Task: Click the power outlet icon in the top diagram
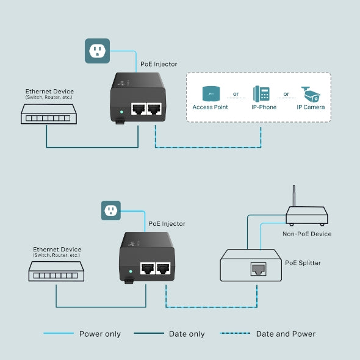[x=96, y=51]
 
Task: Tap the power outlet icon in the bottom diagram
[x=110, y=211]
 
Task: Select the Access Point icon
[x=211, y=93]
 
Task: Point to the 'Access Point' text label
[x=211, y=107]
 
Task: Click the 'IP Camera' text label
[x=311, y=107]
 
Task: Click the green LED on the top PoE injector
[x=123, y=112]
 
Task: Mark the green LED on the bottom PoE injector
[x=131, y=269]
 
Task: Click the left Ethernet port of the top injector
[x=138, y=109]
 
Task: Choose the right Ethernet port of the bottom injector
[x=163, y=268]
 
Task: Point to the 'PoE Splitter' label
[x=303, y=263]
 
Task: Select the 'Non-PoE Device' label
[x=307, y=234]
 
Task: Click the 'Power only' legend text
[x=100, y=334]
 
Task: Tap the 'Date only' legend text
[x=187, y=334]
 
